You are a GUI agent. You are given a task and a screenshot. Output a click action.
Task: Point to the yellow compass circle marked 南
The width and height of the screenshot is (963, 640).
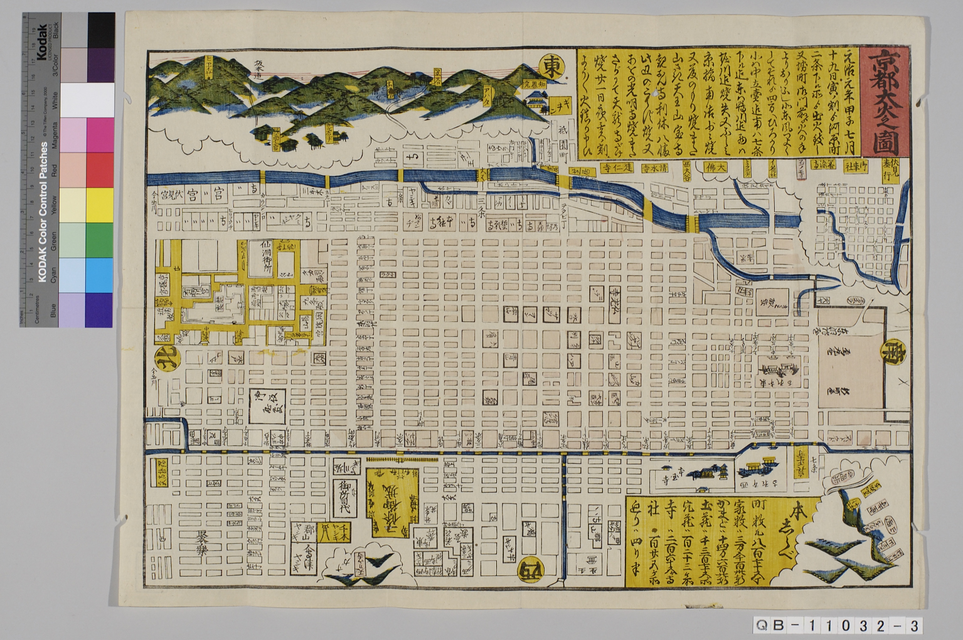click(x=893, y=350)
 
